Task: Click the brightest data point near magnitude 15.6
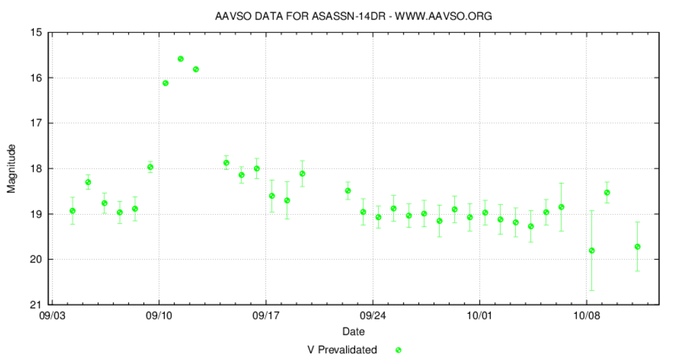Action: click(181, 59)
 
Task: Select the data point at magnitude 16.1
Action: click(165, 83)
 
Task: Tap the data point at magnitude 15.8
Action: click(196, 69)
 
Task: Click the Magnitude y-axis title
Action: click(11, 168)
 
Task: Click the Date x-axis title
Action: click(353, 332)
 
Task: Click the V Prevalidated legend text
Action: click(342, 350)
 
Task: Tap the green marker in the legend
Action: click(398, 350)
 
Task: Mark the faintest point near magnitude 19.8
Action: click(592, 251)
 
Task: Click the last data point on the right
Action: click(638, 247)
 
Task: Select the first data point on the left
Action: click(73, 211)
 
